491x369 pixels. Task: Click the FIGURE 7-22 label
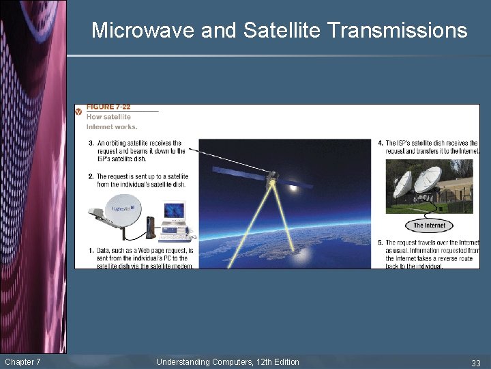click(x=108, y=107)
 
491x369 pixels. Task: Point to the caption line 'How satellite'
click(x=108, y=117)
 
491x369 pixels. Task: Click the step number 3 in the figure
click(x=91, y=143)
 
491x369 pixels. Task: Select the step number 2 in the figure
click(x=91, y=176)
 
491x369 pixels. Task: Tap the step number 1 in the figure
click(x=91, y=251)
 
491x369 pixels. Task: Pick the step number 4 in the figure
click(x=381, y=143)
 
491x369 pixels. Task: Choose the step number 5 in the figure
click(x=381, y=243)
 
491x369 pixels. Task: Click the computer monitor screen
click(x=174, y=210)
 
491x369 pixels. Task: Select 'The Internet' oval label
click(x=429, y=225)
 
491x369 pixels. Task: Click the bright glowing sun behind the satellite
click(x=292, y=185)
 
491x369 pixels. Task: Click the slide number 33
click(x=476, y=362)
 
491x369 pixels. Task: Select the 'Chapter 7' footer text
click(x=23, y=361)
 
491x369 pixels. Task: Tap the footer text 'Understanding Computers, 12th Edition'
click(x=227, y=361)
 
